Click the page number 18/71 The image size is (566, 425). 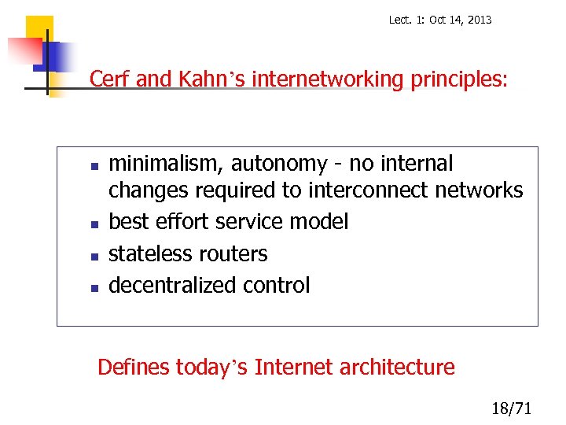511,408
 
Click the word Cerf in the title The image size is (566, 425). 110,79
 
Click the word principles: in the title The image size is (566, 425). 459,79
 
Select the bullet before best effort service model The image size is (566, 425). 93,224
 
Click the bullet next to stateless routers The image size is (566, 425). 93,256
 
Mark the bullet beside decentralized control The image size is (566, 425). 93,287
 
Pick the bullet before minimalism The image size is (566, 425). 93,166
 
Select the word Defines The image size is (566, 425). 133,367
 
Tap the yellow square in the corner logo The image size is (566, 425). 38,30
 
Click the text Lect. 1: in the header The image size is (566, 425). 406,20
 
